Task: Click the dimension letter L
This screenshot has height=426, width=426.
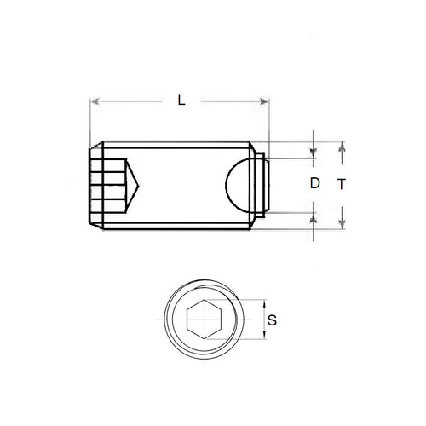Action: [x=181, y=100]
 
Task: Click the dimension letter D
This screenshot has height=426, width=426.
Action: [x=314, y=183]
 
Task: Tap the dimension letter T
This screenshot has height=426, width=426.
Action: [x=341, y=183]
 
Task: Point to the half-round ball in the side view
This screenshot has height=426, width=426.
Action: [x=241, y=184]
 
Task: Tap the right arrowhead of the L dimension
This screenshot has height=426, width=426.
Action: [x=266, y=102]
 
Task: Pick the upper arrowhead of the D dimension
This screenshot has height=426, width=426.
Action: [x=314, y=154]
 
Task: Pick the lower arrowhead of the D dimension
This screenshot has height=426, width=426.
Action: [x=314, y=214]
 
